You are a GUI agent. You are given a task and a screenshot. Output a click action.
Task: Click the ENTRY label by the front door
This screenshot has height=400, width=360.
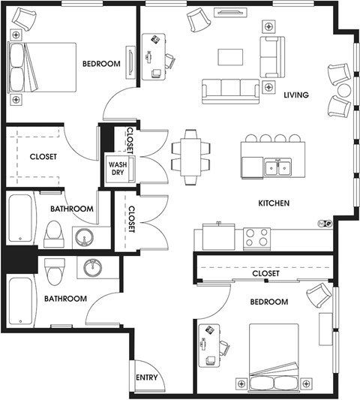pyautogui.click(x=146, y=377)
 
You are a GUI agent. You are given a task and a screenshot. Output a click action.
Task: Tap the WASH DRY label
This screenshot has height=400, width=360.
pyautogui.click(x=118, y=168)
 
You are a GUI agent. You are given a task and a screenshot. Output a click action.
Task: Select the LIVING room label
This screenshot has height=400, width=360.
pyautogui.click(x=296, y=95)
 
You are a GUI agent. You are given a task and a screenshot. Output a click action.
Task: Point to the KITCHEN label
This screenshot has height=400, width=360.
pyautogui.click(x=274, y=203)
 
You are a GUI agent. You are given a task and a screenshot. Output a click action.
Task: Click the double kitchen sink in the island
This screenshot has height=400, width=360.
pyautogui.click(x=278, y=167)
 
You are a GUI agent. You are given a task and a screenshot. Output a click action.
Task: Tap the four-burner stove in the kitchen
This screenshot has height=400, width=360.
pyautogui.click(x=256, y=239)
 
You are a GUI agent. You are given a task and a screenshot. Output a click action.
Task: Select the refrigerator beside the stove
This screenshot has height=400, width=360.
pyautogui.click(x=218, y=236)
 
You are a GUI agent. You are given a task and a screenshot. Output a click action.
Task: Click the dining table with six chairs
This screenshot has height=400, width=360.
pyautogui.click(x=190, y=157)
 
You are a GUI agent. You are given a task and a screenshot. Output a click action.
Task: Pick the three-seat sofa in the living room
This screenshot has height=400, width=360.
pyautogui.click(x=230, y=92)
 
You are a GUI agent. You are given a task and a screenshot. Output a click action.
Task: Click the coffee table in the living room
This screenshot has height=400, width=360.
pyautogui.click(x=230, y=57)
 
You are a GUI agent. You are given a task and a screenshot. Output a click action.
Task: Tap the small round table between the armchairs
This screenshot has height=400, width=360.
pyautogui.click(x=344, y=90)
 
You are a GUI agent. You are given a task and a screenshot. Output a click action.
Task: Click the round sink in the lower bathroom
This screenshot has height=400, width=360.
pyautogui.click(x=93, y=268)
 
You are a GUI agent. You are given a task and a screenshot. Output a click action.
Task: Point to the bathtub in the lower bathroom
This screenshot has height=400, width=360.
pyautogui.click(x=21, y=301)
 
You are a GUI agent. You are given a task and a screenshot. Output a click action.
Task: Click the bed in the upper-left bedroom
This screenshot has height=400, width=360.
pyautogui.click(x=42, y=68)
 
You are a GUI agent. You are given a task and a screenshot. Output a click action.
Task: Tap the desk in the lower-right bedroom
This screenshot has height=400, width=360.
pyautogui.click(x=209, y=346)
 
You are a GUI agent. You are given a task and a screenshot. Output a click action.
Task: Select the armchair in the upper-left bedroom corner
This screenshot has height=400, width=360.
pyautogui.click(x=24, y=18)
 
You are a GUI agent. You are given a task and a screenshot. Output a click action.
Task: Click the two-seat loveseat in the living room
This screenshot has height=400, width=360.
pyautogui.click(x=272, y=57)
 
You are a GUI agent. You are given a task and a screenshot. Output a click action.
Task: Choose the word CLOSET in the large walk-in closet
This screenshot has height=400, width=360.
pyautogui.click(x=43, y=156)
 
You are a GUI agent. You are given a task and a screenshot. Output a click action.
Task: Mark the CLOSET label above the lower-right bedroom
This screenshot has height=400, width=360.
pyautogui.click(x=265, y=273)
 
